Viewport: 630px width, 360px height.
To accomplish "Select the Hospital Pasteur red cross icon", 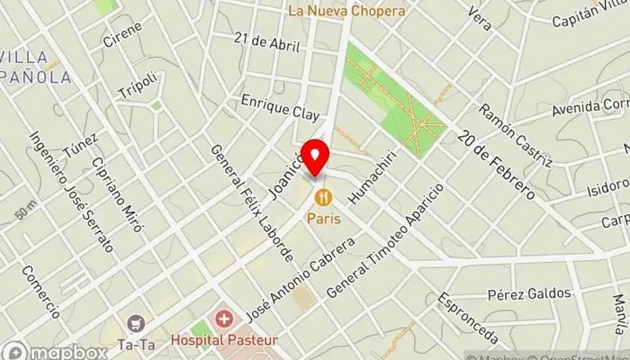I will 222,320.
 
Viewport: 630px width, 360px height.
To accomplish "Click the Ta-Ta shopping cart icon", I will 135,322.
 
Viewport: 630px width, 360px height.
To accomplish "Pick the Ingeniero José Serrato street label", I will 71,192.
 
